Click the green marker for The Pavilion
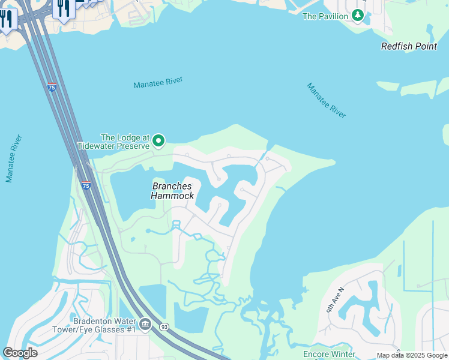[x=358, y=16]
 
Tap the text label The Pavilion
[x=325, y=16]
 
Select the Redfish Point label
[x=409, y=46]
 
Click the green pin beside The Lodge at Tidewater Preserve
[x=158, y=140]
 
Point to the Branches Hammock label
[x=172, y=191]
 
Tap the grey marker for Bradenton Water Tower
[x=145, y=325]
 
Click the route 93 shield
[x=164, y=326]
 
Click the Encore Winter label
[x=330, y=354]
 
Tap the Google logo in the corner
[x=20, y=353]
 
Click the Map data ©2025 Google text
[x=412, y=356]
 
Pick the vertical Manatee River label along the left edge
[x=14, y=158]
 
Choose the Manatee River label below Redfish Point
[x=327, y=100]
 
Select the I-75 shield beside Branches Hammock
[x=86, y=185]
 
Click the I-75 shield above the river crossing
[x=52, y=86]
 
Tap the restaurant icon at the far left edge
[x=5, y=19]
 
